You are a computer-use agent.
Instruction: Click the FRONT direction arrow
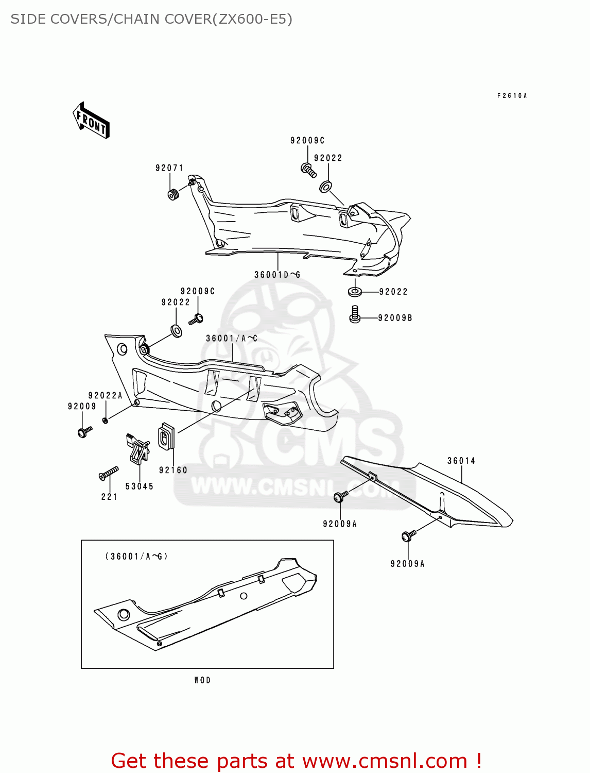[91, 120]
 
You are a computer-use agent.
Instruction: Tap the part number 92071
[169, 168]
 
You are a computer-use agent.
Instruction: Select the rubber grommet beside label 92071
[173, 195]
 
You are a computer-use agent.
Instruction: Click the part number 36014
[461, 461]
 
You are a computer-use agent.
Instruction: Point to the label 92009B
[395, 318]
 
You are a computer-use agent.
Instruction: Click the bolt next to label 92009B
[355, 314]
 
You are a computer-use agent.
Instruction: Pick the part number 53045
[140, 486]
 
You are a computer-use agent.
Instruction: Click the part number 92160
[173, 470]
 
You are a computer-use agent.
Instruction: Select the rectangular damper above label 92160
[166, 436]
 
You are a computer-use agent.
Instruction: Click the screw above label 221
[109, 473]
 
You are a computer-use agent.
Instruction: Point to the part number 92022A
[106, 395]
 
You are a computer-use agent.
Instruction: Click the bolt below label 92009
[84, 431]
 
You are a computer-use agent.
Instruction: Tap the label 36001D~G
[277, 275]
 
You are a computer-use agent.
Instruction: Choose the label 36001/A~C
[232, 339]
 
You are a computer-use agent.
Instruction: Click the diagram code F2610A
[512, 96]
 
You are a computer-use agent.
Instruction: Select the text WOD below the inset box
[203, 680]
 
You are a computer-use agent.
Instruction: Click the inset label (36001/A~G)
[136, 557]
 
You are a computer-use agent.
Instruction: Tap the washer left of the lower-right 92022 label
[355, 292]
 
